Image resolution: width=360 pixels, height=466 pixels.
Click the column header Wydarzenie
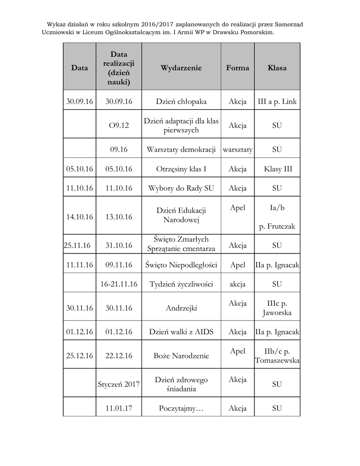click(181, 68)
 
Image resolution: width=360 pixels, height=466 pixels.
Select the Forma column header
click(238, 68)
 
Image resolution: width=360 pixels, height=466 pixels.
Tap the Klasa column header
click(277, 68)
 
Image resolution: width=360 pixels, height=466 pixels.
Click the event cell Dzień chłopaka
click(181, 101)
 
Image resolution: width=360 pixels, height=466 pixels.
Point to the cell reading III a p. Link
click(277, 101)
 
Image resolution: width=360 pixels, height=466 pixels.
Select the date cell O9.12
click(119, 125)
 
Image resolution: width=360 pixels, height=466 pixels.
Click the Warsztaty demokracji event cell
click(181, 149)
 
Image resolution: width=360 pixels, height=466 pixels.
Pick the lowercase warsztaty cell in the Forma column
click(238, 149)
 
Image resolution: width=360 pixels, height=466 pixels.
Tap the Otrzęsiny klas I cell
click(181, 169)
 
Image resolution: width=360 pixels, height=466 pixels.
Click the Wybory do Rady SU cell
click(181, 188)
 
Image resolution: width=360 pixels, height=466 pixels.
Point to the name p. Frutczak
click(277, 226)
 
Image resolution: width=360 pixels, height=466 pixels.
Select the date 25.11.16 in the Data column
click(77, 245)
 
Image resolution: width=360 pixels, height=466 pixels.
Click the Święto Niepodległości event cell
click(181, 265)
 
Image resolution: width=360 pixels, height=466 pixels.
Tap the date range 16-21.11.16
click(119, 284)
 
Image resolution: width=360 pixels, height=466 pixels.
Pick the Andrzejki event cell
click(181, 308)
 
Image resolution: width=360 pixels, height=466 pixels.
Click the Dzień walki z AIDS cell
click(181, 332)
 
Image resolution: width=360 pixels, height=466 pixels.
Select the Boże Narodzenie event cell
click(181, 356)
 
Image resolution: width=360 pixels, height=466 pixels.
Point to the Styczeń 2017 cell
click(119, 384)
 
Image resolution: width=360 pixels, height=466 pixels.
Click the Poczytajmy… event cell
click(181, 408)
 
